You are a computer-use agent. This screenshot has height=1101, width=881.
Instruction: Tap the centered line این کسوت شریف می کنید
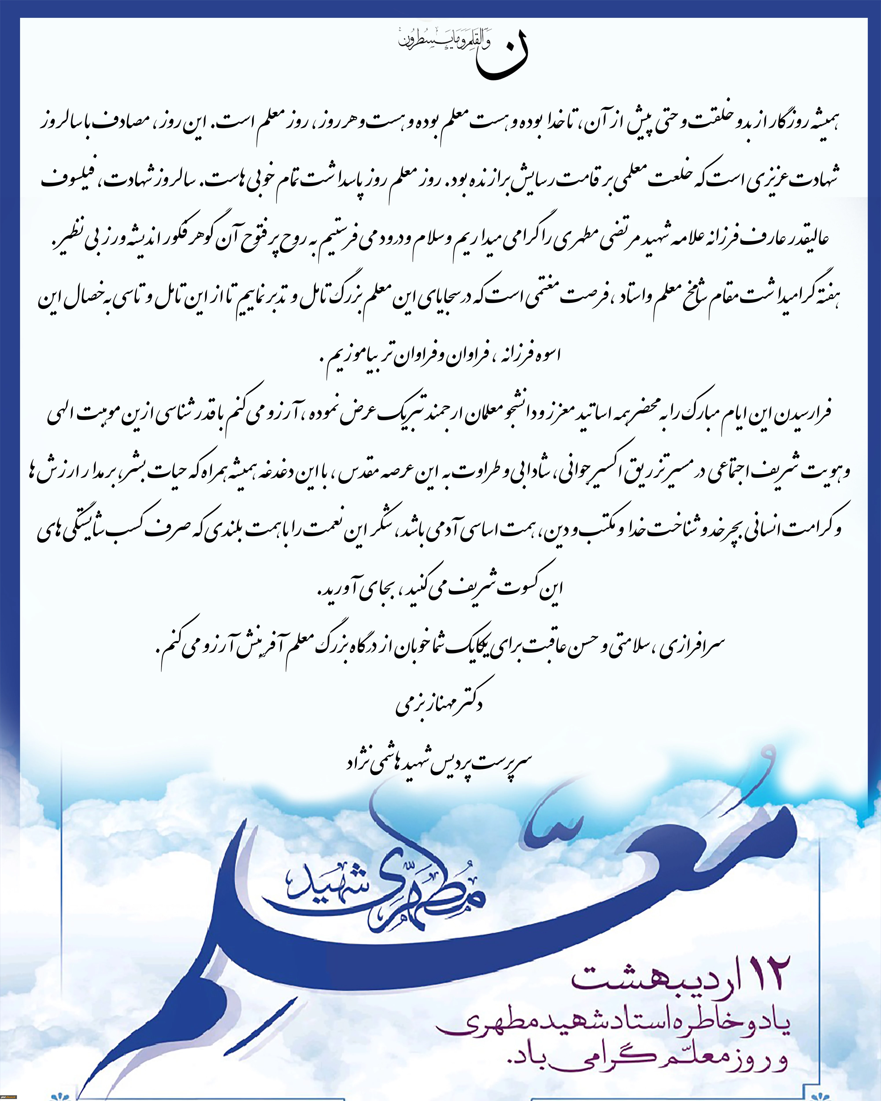(x=439, y=589)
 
